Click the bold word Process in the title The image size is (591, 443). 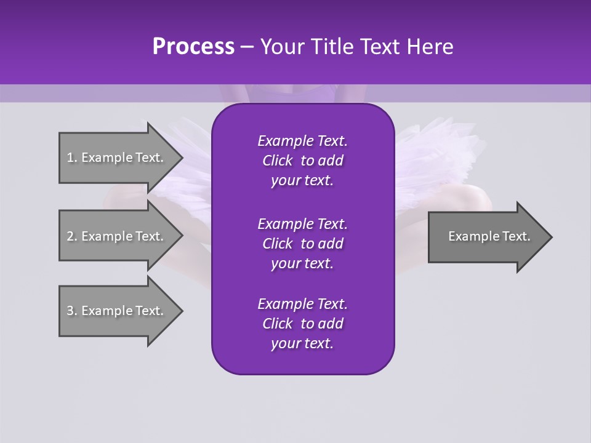[193, 47]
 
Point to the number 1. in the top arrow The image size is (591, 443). [71, 158]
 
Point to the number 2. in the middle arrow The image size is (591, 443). [71, 236]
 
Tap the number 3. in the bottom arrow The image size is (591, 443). [71, 311]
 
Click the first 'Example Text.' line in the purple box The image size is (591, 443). [302, 141]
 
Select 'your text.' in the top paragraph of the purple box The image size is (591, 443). [302, 181]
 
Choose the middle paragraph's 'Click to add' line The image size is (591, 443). [302, 244]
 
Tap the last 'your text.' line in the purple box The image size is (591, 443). [302, 344]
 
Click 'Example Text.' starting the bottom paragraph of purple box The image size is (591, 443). [302, 304]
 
